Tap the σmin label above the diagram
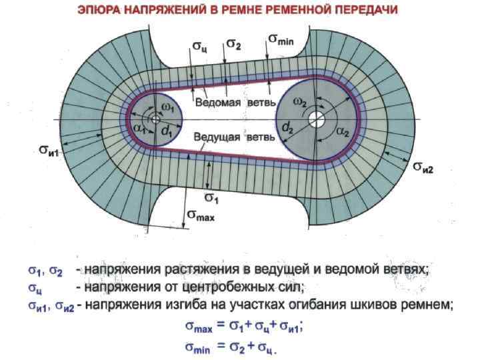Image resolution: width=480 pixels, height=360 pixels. tap(285, 39)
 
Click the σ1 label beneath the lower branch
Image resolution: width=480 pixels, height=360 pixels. tap(213, 198)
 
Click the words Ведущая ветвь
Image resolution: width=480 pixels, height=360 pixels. tap(233, 137)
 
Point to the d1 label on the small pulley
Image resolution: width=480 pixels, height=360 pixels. tap(166, 133)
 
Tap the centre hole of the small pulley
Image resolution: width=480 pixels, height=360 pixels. tap(155, 120)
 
